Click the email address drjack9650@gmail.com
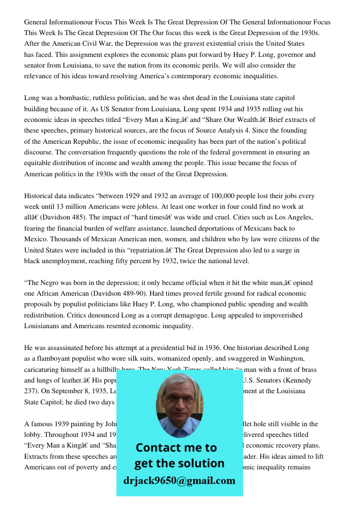[179, 481]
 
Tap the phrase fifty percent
[144, 261]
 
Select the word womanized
[189, 359]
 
